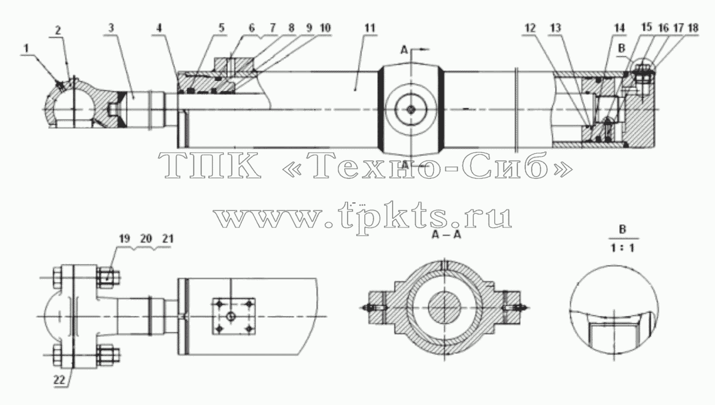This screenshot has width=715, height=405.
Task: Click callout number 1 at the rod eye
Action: (x=27, y=48)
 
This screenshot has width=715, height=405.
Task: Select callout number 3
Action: (x=111, y=28)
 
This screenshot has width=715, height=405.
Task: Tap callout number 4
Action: (x=159, y=28)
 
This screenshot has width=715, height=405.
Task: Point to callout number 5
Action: (x=221, y=28)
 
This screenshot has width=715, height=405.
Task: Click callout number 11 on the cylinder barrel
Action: (x=370, y=28)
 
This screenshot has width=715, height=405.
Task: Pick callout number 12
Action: (x=530, y=28)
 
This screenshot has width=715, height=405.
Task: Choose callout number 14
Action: (x=619, y=28)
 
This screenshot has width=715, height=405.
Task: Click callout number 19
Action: (x=125, y=238)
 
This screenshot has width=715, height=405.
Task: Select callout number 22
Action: (x=59, y=380)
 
